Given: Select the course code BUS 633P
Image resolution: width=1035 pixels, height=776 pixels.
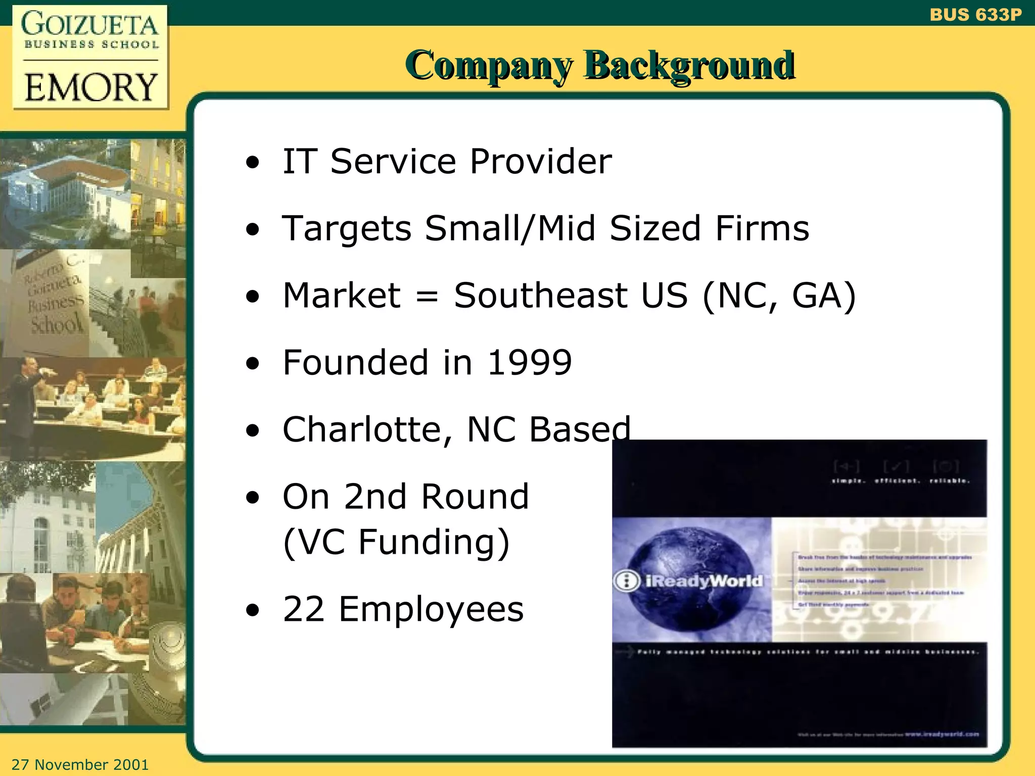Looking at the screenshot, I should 975,15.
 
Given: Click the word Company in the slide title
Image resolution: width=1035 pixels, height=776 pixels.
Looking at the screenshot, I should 489,66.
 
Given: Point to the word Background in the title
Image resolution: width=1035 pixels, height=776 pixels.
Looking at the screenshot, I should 689,66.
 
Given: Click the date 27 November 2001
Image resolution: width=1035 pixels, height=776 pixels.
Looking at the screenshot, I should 80,764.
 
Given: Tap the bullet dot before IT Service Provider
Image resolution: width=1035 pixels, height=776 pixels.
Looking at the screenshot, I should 253,163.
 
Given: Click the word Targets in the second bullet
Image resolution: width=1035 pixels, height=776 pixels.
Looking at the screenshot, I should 347,229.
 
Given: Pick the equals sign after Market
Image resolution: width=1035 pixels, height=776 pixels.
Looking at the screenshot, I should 427,296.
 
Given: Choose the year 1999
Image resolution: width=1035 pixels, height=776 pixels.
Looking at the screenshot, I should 529,363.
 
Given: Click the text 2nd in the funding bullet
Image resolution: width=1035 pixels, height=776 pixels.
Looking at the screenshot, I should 375,497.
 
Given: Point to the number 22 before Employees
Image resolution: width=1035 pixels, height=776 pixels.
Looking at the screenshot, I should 303,609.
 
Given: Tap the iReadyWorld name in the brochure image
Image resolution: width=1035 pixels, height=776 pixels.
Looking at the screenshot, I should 703,581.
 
